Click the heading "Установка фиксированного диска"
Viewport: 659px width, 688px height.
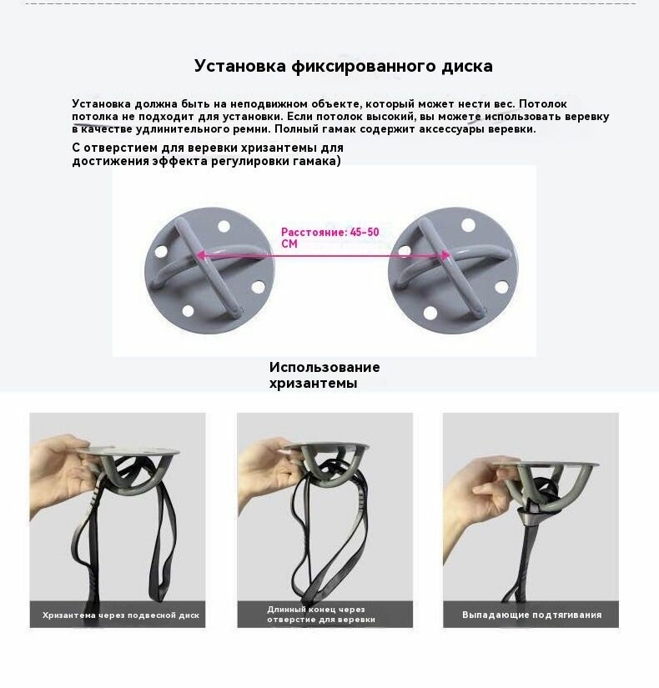coord(344,66)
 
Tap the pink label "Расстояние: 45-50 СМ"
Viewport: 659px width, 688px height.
coord(330,238)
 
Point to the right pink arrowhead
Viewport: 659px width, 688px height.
coord(445,255)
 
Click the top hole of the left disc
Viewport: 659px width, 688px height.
coord(224,226)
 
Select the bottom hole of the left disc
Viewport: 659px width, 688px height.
coord(188,311)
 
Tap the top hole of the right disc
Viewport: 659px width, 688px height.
coord(468,225)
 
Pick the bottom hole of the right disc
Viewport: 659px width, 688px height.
coord(430,314)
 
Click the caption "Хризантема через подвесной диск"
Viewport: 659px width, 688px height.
coord(121,615)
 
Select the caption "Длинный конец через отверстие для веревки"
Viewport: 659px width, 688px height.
coord(321,615)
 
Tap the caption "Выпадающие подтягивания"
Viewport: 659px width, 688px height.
coord(531,615)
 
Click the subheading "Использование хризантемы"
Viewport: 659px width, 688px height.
coord(324,374)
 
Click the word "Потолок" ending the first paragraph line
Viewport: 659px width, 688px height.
coord(543,104)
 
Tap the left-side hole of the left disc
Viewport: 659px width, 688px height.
coord(161,251)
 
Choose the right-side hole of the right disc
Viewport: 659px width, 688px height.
coord(501,288)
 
